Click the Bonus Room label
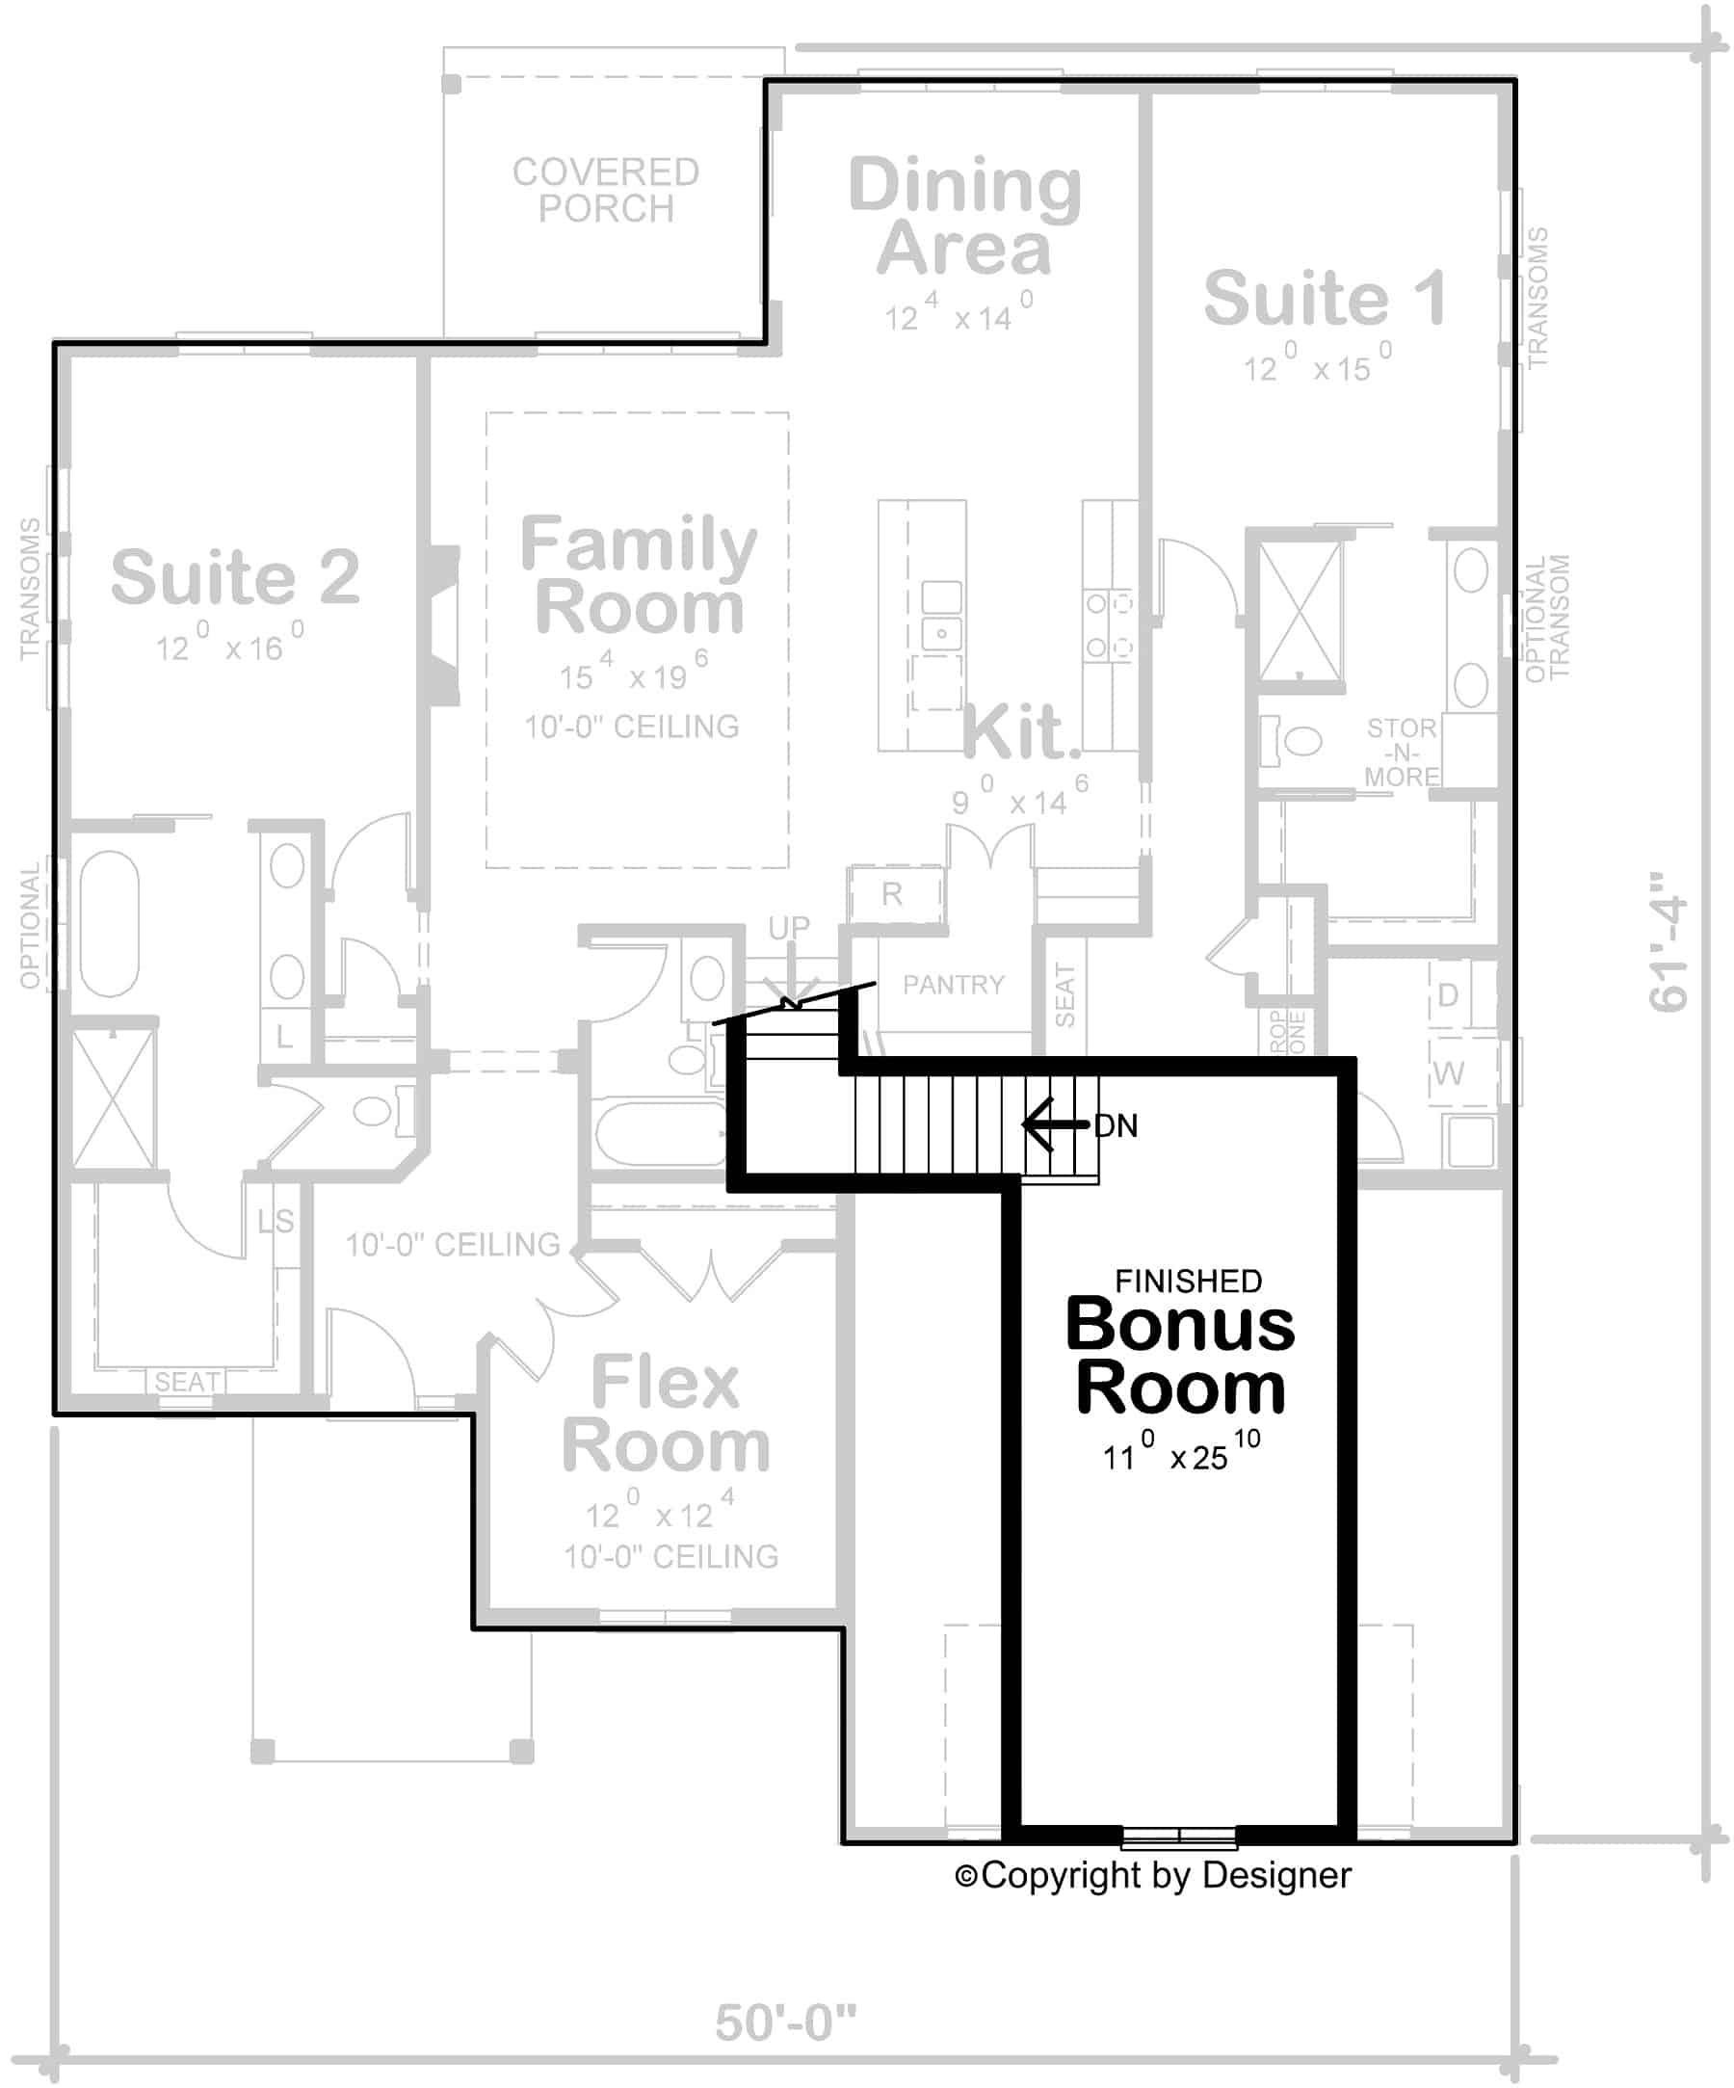(x=1180, y=1357)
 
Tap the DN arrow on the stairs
(x=1054, y=1124)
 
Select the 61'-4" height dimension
(x=1669, y=942)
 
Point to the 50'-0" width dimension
(x=785, y=2023)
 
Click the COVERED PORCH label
(x=606, y=190)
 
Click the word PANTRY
(x=953, y=985)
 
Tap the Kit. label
(x=1020, y=733)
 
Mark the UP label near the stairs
(x=788, y=927)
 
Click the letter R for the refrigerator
(x=892, y=894)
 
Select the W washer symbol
(x=1448, y=1073)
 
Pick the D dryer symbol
(x=1448, y=994)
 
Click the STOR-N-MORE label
(x=1400, y=752)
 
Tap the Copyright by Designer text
(x=1152, y=1875)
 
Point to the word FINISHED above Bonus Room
(x=1188, y=1281)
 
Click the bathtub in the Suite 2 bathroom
(x=110, y=923)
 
